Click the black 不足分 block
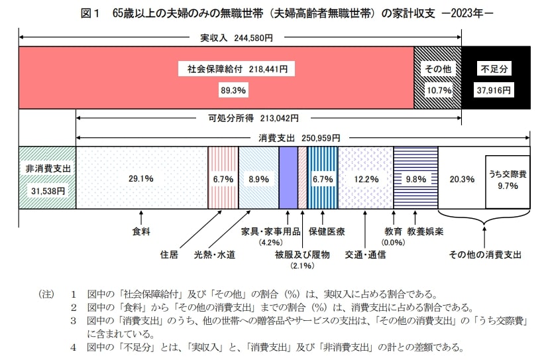[496, 78]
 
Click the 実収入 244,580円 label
[236, 38]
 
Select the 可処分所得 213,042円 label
[248, 119]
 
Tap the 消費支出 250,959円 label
[299, 138]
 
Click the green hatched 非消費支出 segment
[48, 178]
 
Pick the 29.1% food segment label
[141, 178]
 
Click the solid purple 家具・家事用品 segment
[288, 178]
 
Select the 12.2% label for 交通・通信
[366, 178]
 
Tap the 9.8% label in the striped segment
[415, 178]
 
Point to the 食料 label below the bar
[142, 231]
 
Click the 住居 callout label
[169, 254]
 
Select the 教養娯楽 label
[425, 231]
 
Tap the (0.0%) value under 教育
[393, 243]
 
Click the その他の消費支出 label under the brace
[485, 254]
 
